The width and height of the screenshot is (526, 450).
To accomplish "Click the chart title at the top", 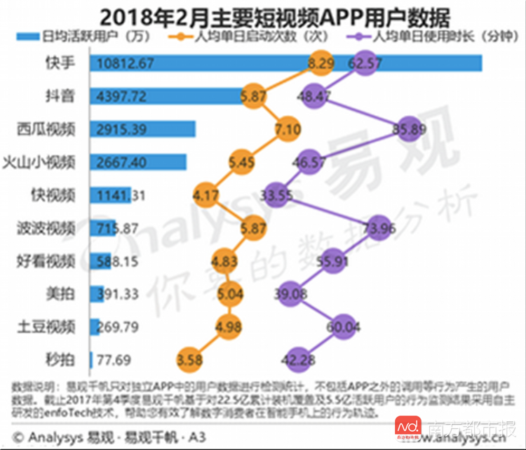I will click(x=263, y=15).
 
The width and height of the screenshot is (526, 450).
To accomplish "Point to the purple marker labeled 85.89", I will click(x=410, y=128).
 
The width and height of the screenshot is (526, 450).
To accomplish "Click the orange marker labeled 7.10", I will click(x=288, y=128).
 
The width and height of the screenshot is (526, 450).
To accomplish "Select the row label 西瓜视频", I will click(x=47, y=128).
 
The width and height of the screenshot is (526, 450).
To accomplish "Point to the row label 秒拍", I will click(x=61, y=360).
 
